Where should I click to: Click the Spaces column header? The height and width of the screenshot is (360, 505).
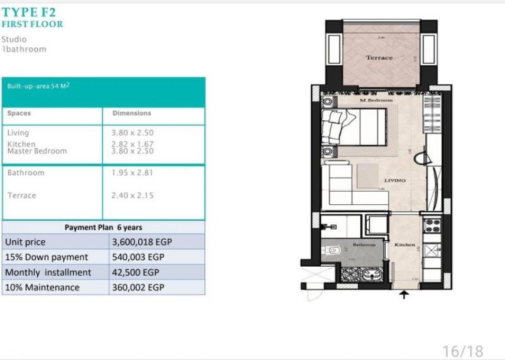(x=19, y=113)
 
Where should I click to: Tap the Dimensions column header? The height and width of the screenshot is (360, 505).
(x=131, y=113)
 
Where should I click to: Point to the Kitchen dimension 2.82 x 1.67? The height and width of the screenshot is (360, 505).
(x=132, y=143)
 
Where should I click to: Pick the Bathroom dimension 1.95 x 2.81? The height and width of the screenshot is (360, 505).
(x=132, y=173)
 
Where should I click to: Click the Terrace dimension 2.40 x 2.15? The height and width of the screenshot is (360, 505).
(x=132, y=195)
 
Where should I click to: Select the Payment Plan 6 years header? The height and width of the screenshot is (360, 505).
(x=103, y=227)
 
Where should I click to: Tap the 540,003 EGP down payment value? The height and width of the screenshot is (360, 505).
(x=138, y=257)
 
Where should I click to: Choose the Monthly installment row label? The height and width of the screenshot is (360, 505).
(x=48, y=273)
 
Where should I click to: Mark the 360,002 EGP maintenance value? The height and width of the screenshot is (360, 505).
(x=138, y=288)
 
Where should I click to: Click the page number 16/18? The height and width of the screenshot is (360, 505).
(x=462, y=351)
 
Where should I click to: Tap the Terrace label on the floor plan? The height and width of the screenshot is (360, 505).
(x=379, y=57)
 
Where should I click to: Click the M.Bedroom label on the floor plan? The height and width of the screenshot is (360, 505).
(x=376, y=100)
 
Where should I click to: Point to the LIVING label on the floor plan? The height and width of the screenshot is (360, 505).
(x=395, y=181)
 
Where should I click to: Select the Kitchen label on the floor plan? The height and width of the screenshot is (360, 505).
(x=405, y=244)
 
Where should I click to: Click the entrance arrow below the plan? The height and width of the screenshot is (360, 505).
(x=404, y=294)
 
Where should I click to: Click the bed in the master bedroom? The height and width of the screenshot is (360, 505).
(x=348, y=128)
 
